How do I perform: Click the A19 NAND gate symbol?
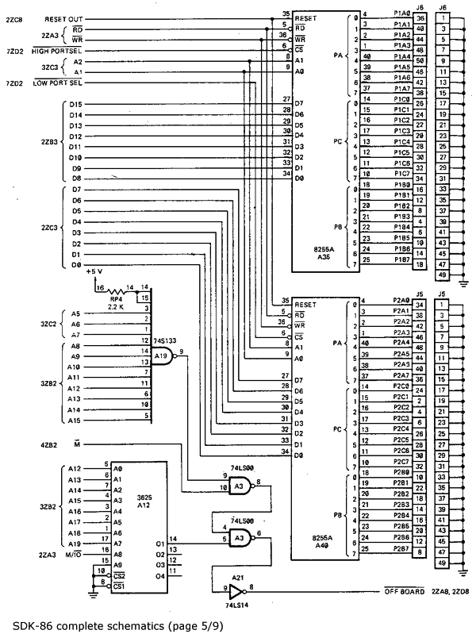[x=162, y=357]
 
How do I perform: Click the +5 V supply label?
[x=94, y=271]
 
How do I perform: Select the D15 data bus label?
[x=77, y=104]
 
